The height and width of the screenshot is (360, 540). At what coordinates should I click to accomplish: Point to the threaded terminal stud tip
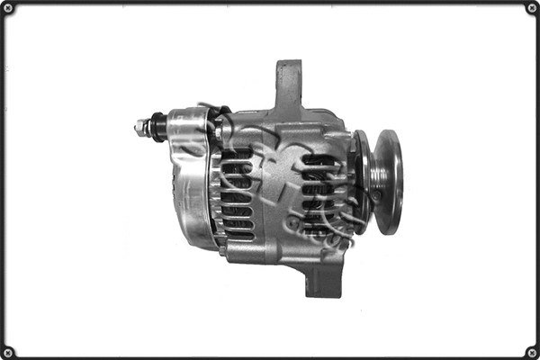(x=139, y=129)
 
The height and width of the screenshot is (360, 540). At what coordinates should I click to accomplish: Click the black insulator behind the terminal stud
(x=157, y=126)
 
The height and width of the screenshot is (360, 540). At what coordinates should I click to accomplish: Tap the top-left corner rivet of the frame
(x=8, y=8)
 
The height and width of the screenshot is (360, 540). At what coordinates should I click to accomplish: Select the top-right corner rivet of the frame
(x=531, y=8)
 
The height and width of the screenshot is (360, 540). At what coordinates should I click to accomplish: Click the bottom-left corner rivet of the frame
(x=8, y=351)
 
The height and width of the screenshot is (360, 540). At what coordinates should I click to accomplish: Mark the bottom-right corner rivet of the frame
(x=531, y=351)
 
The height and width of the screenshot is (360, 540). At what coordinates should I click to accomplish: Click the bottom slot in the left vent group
(x=239, y=235)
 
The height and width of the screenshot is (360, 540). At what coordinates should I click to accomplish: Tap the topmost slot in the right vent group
(x=320, y=161)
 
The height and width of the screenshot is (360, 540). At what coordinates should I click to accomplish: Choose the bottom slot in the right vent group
(x=319, y=230)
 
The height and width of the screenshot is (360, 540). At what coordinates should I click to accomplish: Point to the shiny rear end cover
(x=184, y=193)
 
